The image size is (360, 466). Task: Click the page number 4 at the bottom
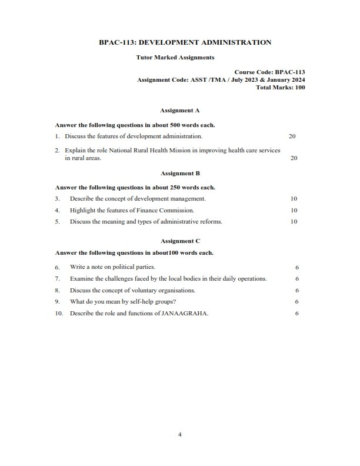click(180, 435)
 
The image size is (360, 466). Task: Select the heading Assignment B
click(180, 174)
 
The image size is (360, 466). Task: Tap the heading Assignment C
click(180, 241)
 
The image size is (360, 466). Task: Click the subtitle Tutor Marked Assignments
click(175, 58)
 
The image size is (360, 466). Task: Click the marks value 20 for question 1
click(292, 136)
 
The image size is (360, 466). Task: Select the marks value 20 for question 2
click(294, 158)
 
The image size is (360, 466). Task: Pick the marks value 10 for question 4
click(294, 210)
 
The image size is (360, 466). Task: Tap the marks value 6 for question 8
click(297, 290)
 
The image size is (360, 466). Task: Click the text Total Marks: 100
click(281, 87)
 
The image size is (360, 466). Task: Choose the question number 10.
click(59, 313)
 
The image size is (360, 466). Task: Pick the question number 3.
click(57, 199)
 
